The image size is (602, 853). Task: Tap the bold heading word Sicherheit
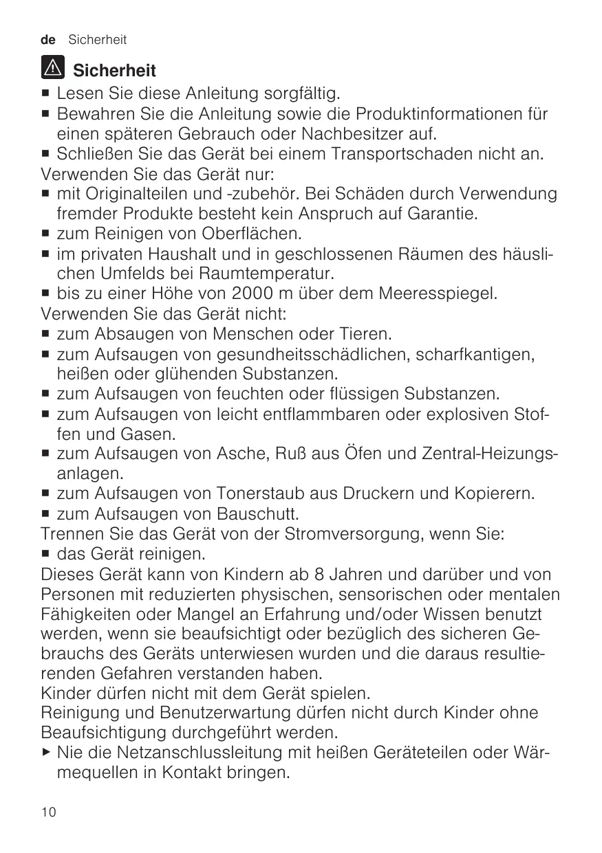pyautogui.click(x=115, y=70)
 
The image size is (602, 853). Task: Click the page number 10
pyautogui.click(x=48, y=812)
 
